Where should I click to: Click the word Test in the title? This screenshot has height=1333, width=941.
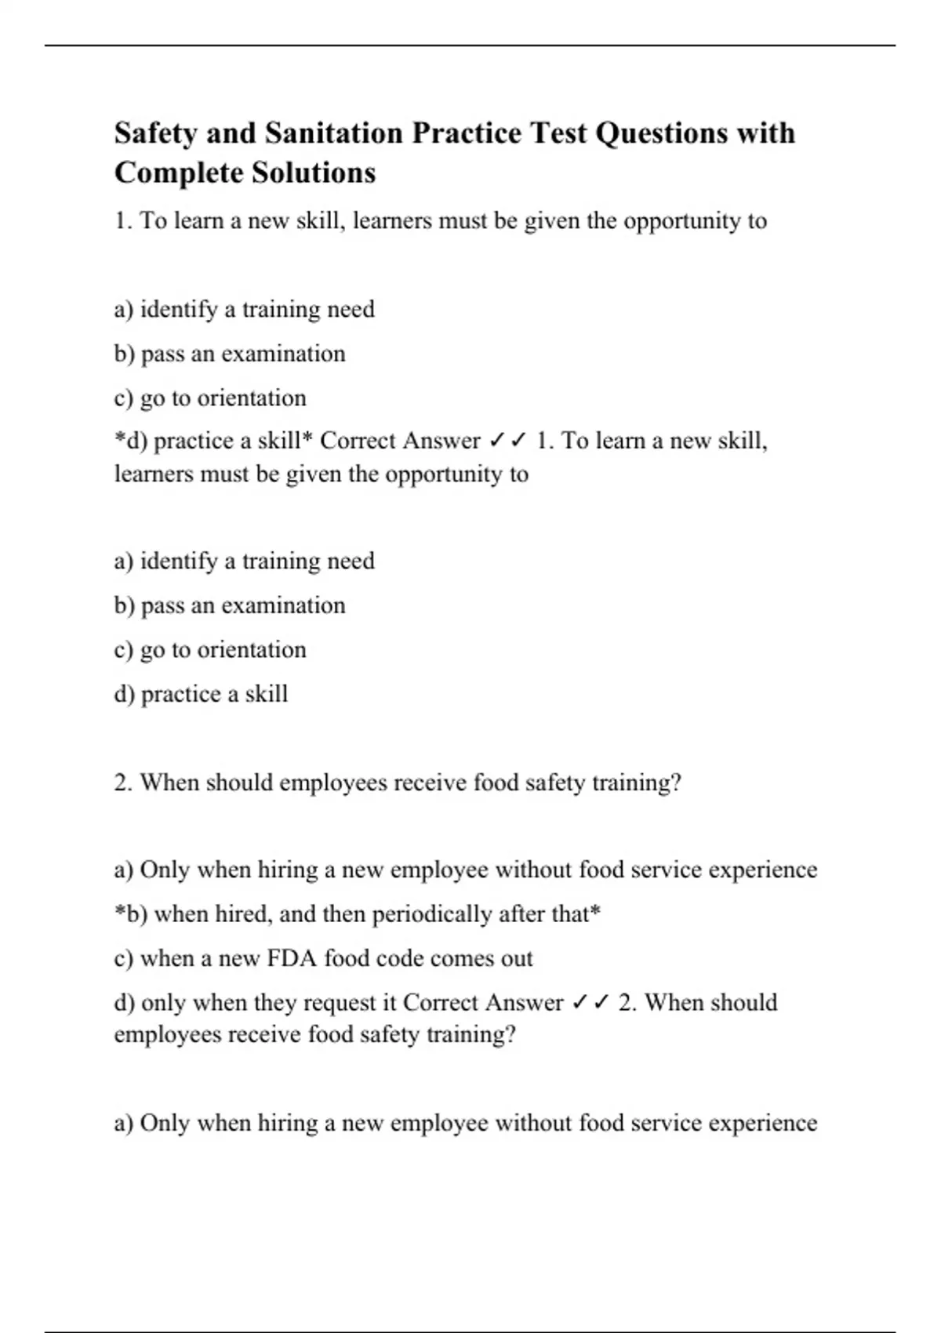(x=558, y=133)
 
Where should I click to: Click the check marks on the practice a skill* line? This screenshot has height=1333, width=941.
(x=507, y=441)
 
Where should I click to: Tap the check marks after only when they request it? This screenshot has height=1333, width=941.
(x=590, y=1003)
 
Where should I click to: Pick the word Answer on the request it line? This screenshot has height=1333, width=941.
(x=524, y=1003)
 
